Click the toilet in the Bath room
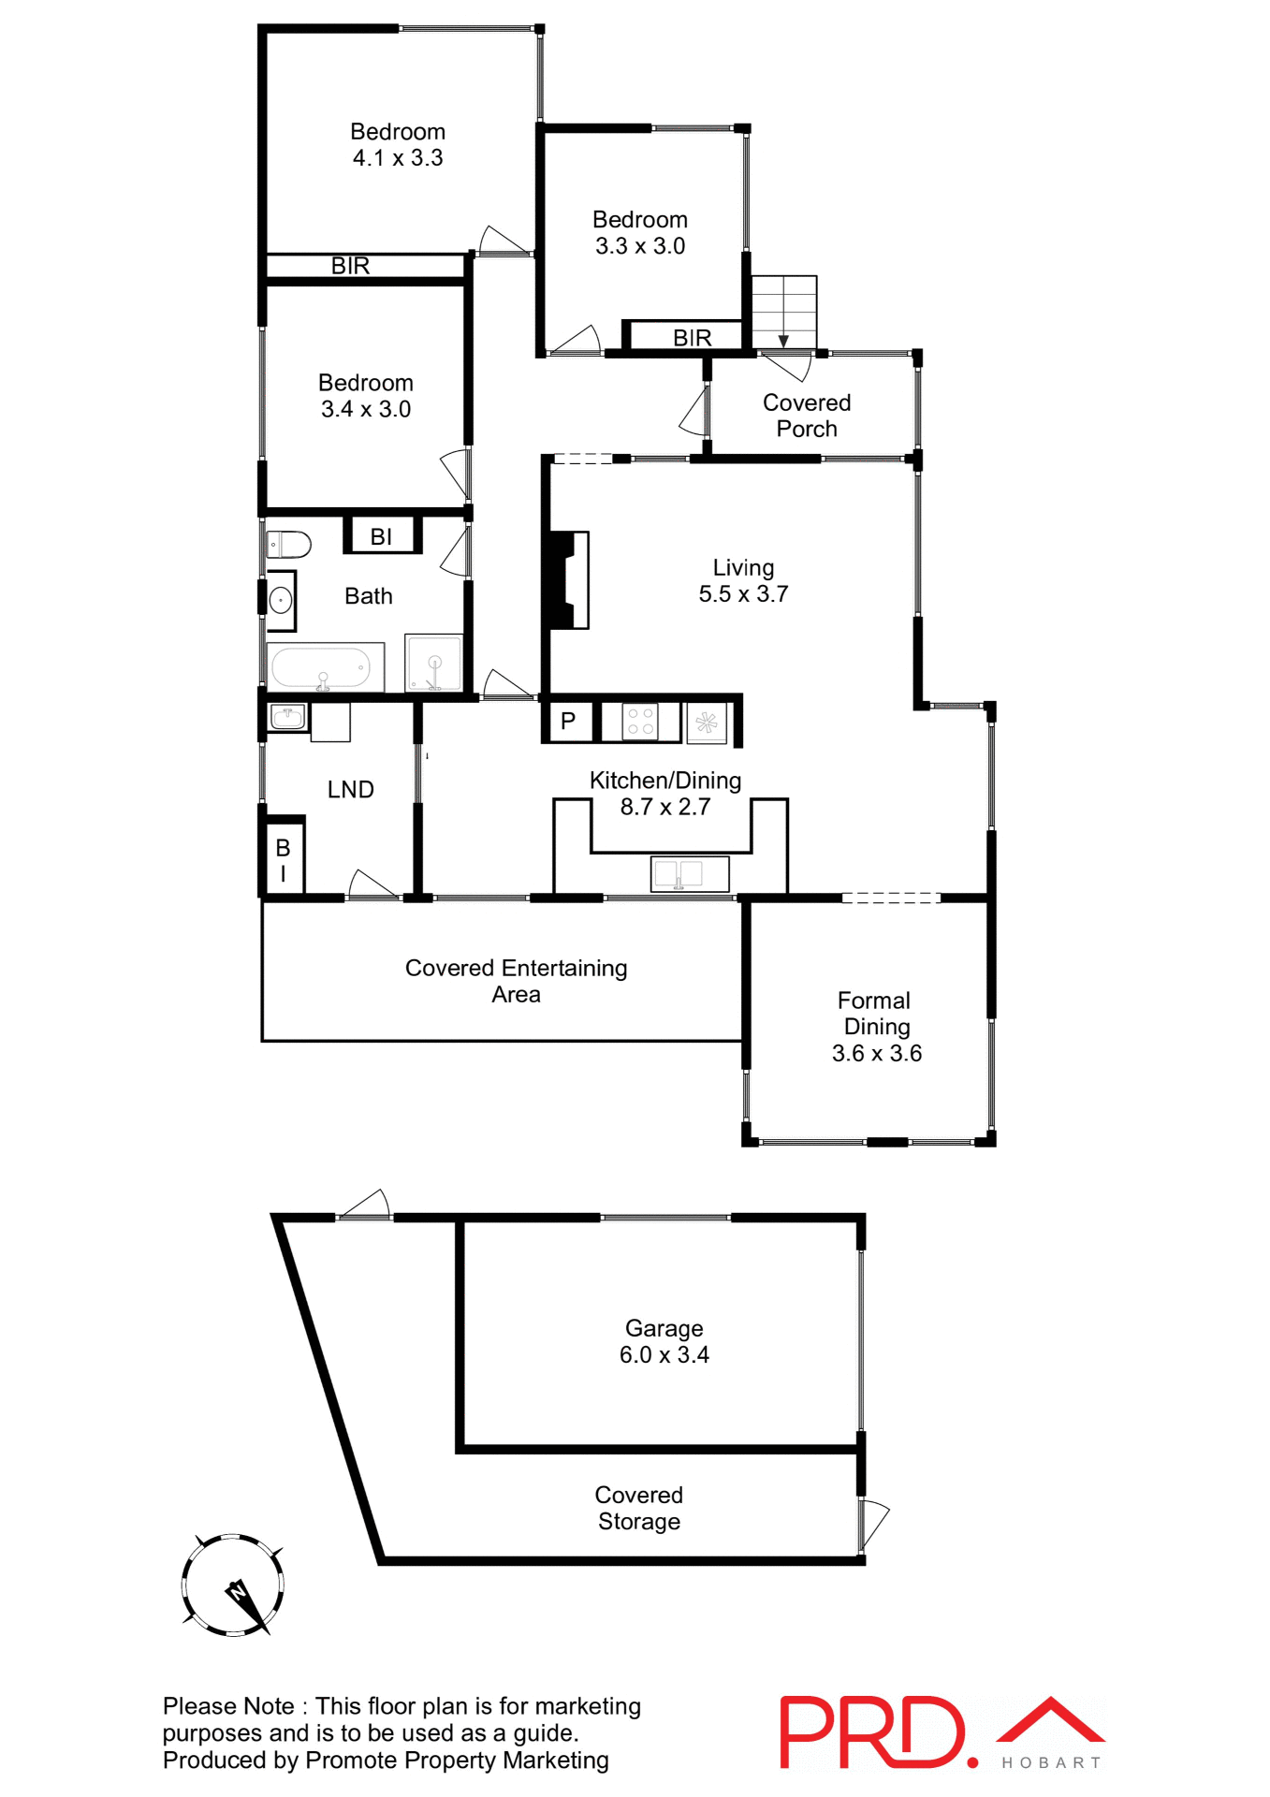289,544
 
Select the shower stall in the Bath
433,663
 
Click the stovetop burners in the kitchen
640,722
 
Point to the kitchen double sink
689,874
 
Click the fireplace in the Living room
568,579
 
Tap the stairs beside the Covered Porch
784,312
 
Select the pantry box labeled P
568,722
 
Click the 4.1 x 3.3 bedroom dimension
398,158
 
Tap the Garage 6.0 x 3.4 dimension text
664,1354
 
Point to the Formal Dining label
874,1014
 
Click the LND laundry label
351,790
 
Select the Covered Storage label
639,1508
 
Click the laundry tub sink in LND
288,718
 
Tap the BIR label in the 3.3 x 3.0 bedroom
692,338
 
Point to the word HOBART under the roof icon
1051,1762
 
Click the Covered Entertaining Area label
516,981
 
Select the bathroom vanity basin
281,600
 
